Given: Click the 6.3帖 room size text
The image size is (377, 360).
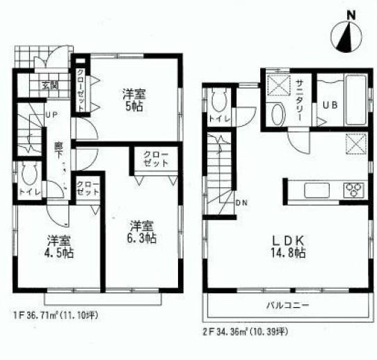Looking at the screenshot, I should [142, 231].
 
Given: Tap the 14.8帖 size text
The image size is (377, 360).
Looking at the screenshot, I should [287, 253].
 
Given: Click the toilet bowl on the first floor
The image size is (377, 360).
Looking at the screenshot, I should [29, 173].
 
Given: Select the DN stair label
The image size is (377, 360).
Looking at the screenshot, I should [241, 203].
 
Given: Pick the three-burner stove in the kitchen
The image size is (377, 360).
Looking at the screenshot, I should [353, 188].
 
